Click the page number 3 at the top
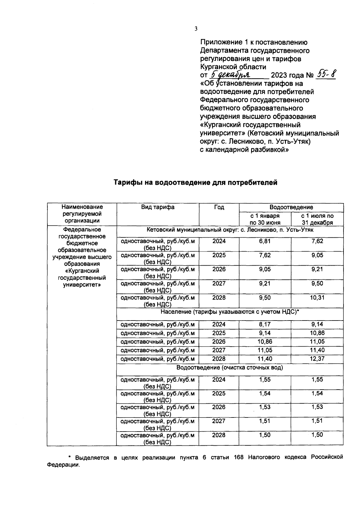(196, 29)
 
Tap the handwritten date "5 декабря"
(232, 74)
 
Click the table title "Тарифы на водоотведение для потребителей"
(195, 182)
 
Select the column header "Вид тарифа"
(158, 207)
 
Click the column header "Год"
(219, 207)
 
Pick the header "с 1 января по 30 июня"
(265, 219)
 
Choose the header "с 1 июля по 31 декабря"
(317, 219)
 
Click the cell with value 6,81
(265, 241)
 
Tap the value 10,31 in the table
(317, 297)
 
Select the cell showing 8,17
(265, 324)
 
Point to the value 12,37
(317, 359)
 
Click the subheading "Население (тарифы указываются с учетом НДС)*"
(230, 312)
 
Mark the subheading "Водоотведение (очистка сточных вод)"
(230, 367)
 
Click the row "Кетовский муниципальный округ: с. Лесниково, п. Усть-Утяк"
(230, 230)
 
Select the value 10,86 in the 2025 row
(317, 333)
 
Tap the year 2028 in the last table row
(219, 435)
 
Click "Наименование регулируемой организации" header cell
(82, 214)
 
